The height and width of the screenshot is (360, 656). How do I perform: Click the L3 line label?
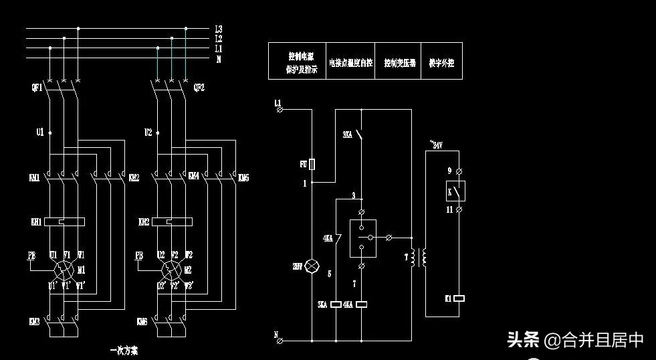(x=219, y=29)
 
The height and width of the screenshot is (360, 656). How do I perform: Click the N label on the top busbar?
(x=219, y=59)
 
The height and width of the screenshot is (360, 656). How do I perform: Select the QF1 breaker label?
(x=36, y=88)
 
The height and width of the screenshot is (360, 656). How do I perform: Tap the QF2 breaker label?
(x=199, y=88)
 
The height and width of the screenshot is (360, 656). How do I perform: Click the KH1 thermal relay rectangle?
(x=64, y=221)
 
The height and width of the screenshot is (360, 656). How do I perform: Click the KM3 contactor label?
(x=35, y=322)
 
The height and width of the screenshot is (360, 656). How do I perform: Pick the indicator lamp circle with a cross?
(x=312, y=266)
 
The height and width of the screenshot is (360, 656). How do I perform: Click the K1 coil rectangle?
(x=459, y=298)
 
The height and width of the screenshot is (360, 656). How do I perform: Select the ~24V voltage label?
(x=435, y=145)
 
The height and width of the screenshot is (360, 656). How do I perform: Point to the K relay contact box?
(x=455, y=191)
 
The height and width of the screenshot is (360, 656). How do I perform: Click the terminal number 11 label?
(x=449, y=210)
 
